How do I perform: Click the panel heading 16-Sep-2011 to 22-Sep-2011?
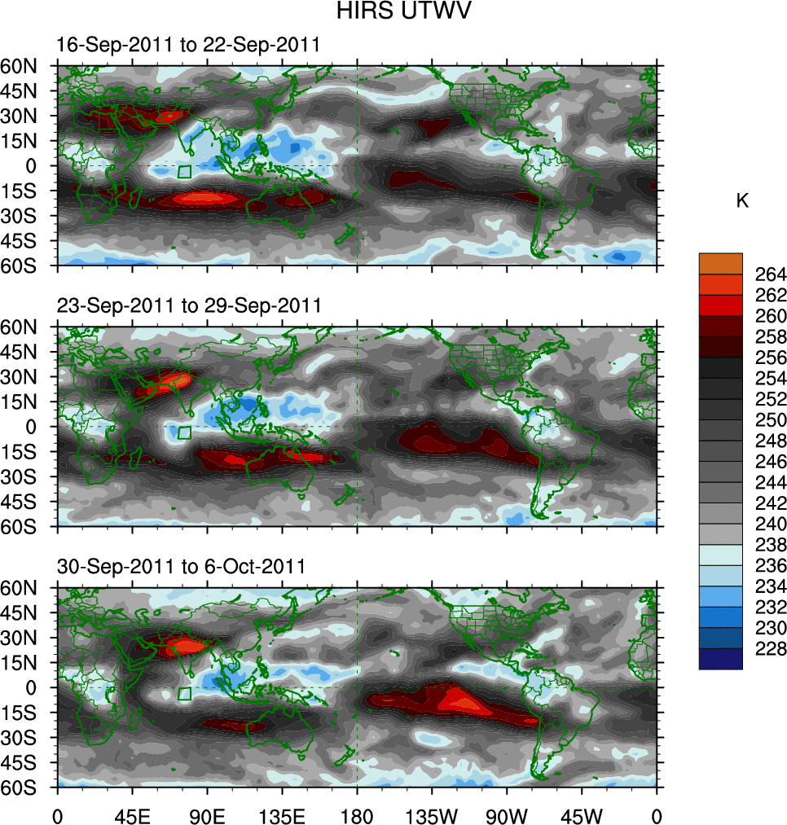188,46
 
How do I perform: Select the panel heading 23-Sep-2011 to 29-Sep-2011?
189,305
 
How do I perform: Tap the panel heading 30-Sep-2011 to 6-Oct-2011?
181,566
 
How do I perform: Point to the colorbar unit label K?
742,201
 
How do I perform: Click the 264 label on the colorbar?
748,274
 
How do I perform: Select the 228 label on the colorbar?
748,648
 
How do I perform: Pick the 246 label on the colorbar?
748,461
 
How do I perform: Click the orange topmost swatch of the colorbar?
721,263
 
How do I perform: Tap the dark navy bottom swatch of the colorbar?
721,659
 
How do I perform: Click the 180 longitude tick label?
358,814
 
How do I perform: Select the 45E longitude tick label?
132,814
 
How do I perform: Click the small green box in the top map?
185,172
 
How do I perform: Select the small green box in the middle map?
185,432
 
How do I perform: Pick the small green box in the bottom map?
185,693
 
